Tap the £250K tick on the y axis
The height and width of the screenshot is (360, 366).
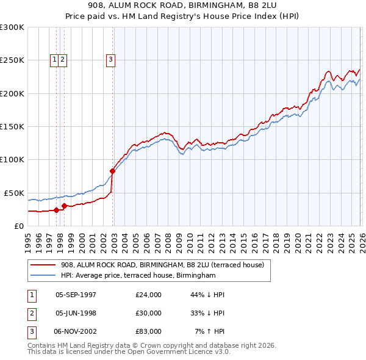click(x=12, y=60)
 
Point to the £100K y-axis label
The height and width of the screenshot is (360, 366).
click(x=12, y=159)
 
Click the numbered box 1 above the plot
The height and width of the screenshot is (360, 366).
click(x=55, y=59)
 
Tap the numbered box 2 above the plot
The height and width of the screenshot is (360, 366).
click(x=63, y=59)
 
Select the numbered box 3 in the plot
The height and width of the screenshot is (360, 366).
click(x=110, y=59)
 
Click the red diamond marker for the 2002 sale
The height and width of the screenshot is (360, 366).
click(x=112, y=171)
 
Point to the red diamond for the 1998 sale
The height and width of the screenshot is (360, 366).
click(x=64, y=206)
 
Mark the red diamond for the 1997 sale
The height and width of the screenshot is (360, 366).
click(x=56, y=210)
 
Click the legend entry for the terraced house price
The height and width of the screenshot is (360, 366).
click(x=162, y=265)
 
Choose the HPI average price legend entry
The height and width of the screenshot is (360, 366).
click(x=138, y=276)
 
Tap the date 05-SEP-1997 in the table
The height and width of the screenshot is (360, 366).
click(x=76, y=295)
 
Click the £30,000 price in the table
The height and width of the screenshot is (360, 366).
click(x=149, y=313)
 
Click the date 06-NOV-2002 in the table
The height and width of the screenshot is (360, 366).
click(x=76, y=331)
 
